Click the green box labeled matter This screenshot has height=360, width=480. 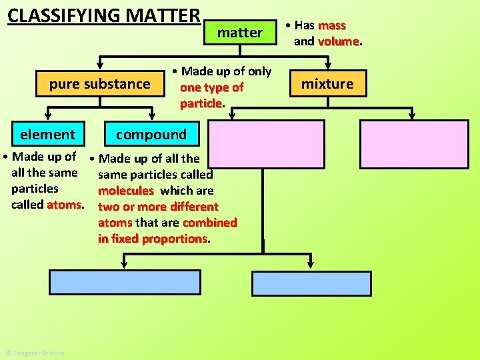[x=240, y=32]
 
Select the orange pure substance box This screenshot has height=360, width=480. [x=99, y=84]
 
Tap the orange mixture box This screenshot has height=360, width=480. [x=327, y=84]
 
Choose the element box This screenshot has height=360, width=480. [x=47, y=134]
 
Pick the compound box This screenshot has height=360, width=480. [x=151, y=134]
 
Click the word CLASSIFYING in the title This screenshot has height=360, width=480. [x=62, y=15]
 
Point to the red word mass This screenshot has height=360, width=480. [x=332, y=25]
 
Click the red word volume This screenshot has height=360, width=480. [x=339, y=41]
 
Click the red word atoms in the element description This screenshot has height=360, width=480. [x=64, y=205]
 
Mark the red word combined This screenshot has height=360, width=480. [x=209, y=223]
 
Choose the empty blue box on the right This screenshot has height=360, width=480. [x=311, y=283]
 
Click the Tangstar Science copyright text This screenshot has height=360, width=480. [x=35, y=353]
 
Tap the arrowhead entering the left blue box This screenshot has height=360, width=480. [x=122, y=265]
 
